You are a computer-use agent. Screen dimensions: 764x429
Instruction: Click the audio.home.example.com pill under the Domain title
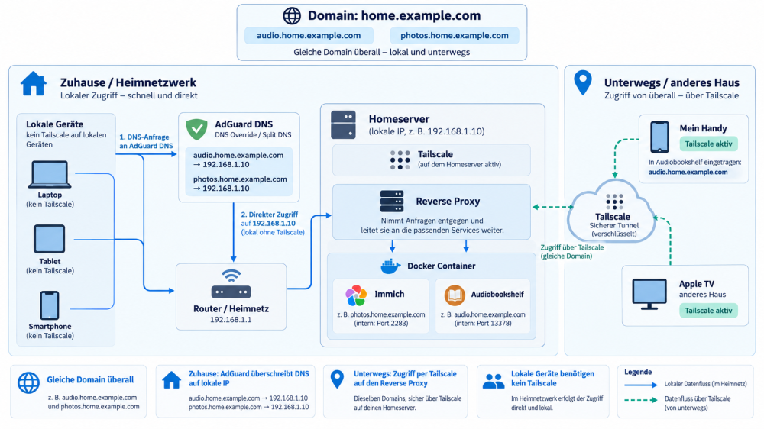coord(309,36)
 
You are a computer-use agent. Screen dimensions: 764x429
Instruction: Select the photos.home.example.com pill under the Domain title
coord(454,36)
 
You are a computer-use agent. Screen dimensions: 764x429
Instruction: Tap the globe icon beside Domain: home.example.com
coord(292,15)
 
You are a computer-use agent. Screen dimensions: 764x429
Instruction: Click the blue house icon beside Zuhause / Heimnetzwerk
coord(34,83)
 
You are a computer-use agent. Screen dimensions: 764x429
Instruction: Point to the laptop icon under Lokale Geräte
coord(50,174)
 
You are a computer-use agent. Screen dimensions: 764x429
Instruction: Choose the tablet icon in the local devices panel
coord(49,239)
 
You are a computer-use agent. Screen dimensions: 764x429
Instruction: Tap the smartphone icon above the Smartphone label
coord(49,305)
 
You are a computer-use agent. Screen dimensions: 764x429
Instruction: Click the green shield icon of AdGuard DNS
coord(197,129)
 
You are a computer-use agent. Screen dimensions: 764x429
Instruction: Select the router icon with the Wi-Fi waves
coord(231,284)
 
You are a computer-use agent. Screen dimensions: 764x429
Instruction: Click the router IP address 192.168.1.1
coord(231,320)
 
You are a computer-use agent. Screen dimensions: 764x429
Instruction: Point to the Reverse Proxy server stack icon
coord(392,201)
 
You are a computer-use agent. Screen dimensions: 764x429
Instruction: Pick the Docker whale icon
coord(390,266)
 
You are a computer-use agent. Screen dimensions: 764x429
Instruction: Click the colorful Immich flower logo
coord(356,295)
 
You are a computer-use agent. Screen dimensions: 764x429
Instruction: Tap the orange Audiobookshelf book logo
coord(455,295)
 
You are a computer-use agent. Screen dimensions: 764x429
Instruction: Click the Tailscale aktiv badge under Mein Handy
coord(708,144)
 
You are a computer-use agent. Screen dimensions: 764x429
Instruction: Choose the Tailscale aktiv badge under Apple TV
coord(708,311)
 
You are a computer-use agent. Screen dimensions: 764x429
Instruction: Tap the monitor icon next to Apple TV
coord(649,294)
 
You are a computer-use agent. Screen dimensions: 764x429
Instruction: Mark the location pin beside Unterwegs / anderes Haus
coord(583,82)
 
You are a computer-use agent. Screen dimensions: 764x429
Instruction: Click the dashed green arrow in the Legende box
coord(641,400)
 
